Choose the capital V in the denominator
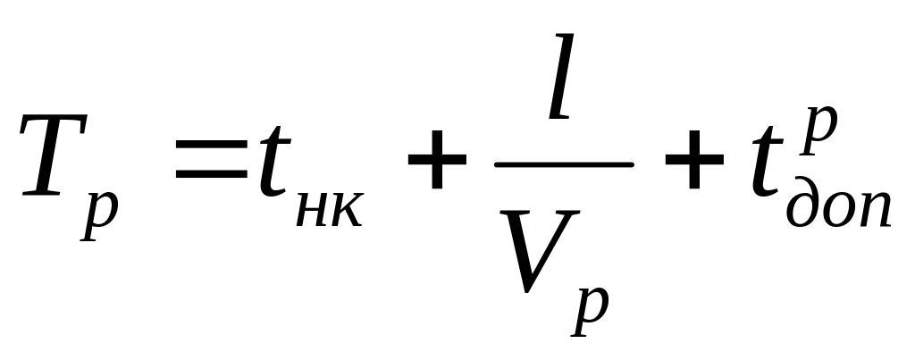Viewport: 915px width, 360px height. tap(534, 251)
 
